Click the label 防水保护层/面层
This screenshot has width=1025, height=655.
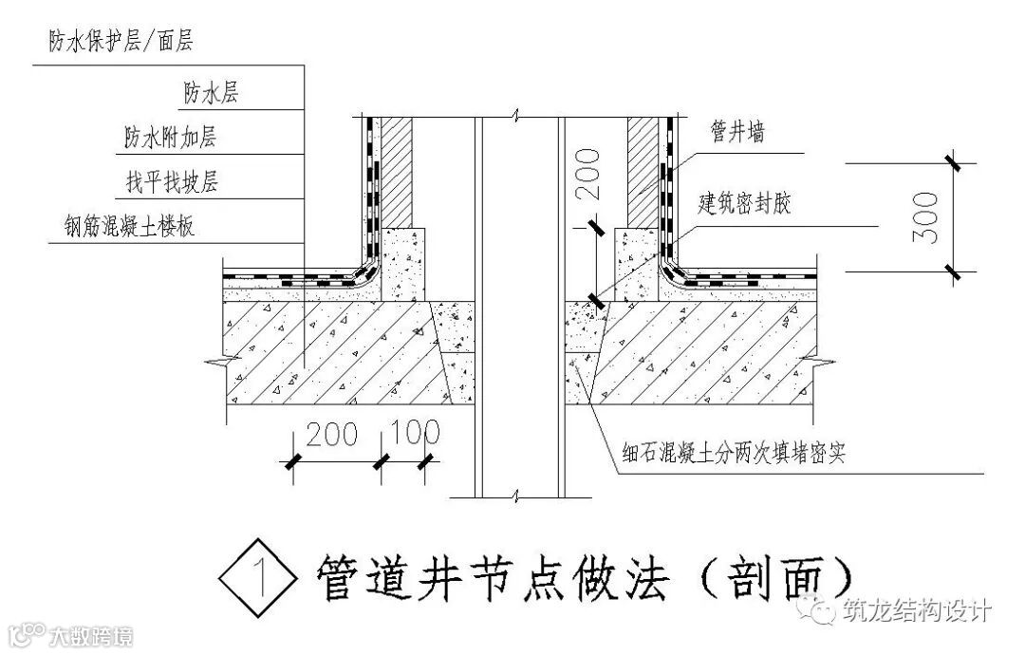point(120,42)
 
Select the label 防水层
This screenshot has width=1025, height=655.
point(211,92)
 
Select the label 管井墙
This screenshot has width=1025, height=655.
point(737,133)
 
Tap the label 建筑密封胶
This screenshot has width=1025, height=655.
point(744,203)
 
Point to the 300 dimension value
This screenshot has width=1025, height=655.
point(924,217)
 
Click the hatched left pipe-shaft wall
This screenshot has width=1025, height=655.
point(398,171)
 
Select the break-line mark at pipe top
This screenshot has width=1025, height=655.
point(514,118)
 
